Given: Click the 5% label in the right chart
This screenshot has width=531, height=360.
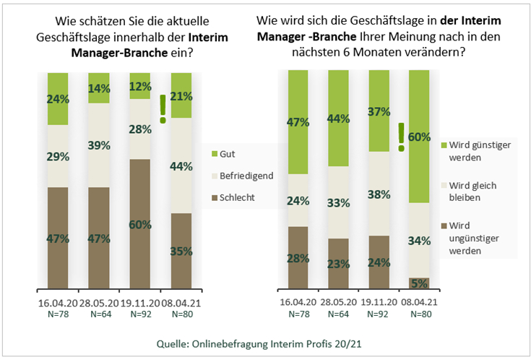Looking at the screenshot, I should pyautogui.click(x=420, y=283).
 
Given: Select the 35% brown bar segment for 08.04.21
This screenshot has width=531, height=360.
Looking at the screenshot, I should pyautogui.click(x=181, y=251).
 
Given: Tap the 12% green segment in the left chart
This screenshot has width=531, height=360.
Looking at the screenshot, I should pyautogui.click(x=139, y=85).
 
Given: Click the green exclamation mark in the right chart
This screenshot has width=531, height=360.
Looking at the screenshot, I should pyautogui.click(x=400, y=137).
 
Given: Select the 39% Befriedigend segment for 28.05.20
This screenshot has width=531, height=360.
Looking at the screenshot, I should pyautogui.click(x=98, y=145).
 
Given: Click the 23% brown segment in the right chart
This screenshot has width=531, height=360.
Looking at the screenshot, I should pyautogui.click(x=338, y=264).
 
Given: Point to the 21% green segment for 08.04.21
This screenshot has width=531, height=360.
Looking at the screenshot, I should pyautogui.click(x=181, y=95).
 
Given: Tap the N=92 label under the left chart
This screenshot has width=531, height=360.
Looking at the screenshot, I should pyautogui.click(x=139, y=315).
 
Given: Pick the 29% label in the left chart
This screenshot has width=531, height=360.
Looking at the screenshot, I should pyautogui.click(x=57, y=156).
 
